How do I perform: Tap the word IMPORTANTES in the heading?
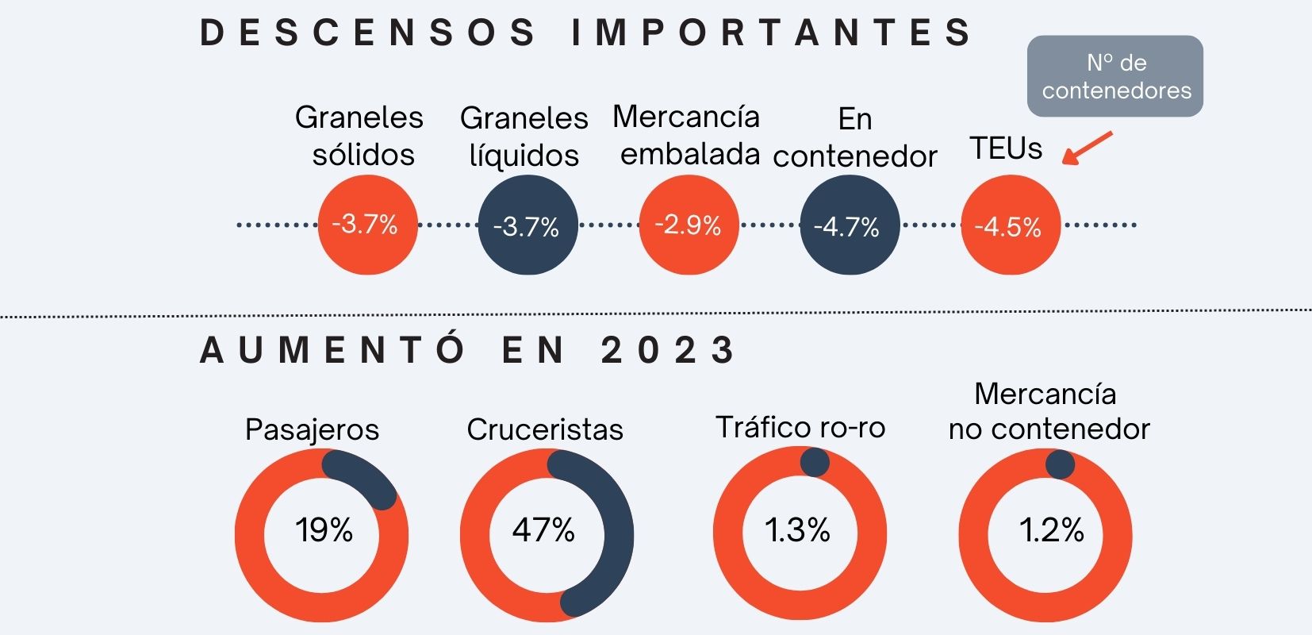coord(772,33)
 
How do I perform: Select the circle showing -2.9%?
coord(689,225)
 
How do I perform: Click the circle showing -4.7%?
coord(849,225)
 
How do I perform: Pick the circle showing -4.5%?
coord(1010,225)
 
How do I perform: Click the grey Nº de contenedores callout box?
coord(1115,76)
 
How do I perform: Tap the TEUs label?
coord(1006,148)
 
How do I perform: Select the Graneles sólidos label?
coord(360,136)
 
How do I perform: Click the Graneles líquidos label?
coord(524,137)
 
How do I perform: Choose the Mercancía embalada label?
coord(687,136)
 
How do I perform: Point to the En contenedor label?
coord(855,137)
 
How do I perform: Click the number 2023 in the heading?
coord(668,350)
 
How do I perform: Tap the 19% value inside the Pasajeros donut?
coord(324,529)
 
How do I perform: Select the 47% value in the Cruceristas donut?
coord(543,529)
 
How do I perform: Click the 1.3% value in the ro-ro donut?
coord(797,529)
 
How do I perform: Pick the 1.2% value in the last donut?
coord(1051,529)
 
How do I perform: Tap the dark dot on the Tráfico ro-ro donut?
coord(815,462)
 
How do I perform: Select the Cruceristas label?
coord(545,429)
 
